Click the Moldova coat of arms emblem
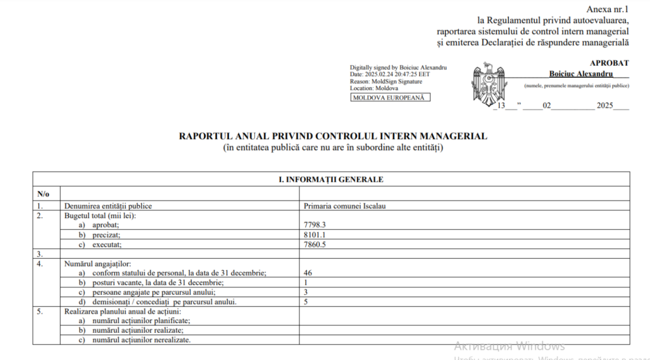[x=488, y=83]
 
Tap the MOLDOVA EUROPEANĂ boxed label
[x=390, y=98]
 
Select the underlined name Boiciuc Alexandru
[x=581, y=74]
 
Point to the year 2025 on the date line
[x=604, y=106]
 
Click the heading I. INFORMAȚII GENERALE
[x=331, y=179]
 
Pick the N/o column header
[x=43, y=193]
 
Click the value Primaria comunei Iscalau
[x=344, y=206]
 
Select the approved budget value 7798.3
[x=314, y=225]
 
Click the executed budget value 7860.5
[x=314, y=244]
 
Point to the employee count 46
[x=308, y=273]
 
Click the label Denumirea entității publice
[x=108, y=206]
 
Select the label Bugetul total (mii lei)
[x=100, y=216]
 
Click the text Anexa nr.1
[x=608, y=9]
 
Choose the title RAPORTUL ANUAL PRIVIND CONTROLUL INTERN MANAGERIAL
[x=333, y=136]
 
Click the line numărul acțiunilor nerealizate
[x=141, y=340]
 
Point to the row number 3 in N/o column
[x=40, y=254]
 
